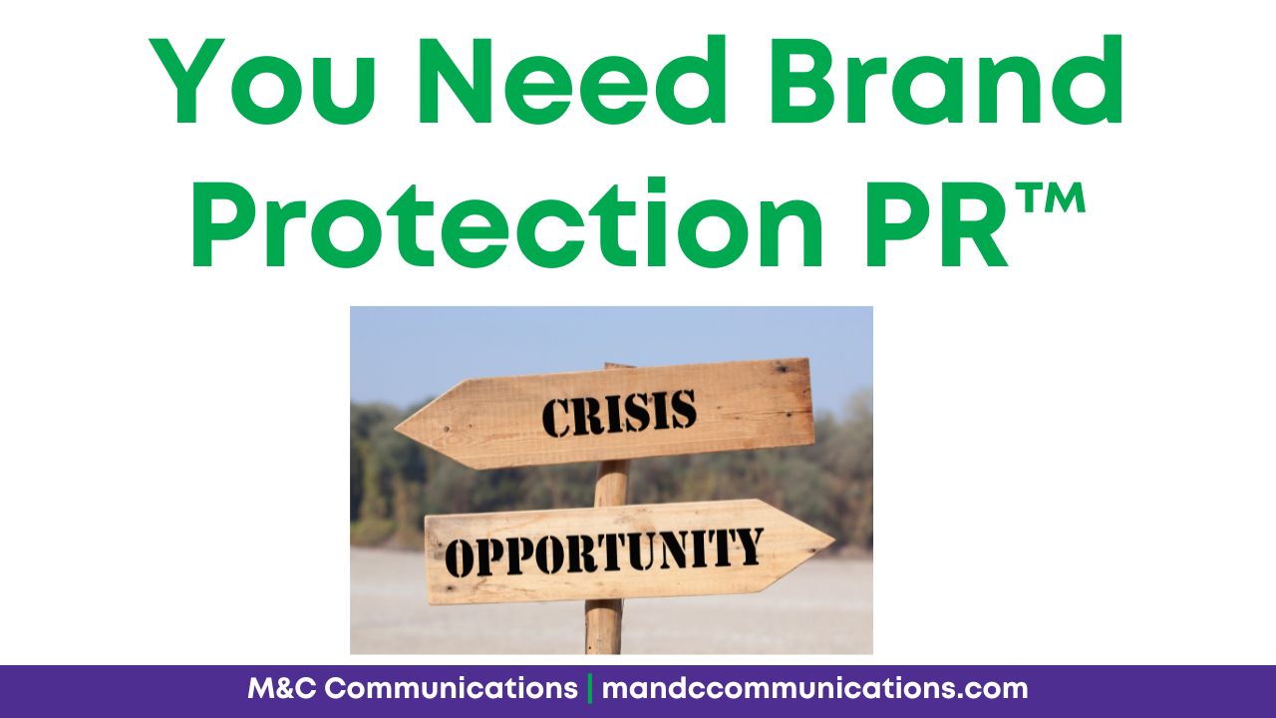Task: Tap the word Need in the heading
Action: pyautogui.click(x=572, y=80)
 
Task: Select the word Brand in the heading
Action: pyautogui.click(x=946, y=79)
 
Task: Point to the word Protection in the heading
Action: pyautogui.click(x=508, y=222)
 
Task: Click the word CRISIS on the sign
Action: pyautogui.click(x=619, y=413)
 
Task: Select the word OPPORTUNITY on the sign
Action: pyautogui.click(x=604, y=551)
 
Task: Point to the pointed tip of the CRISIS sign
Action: pyautogui.click(x=396, y=428)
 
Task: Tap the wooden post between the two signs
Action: pyautogui.click(x=611, y=484)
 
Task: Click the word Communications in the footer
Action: pyautogui.click(x=452, y=689)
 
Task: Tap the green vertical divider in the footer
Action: pyautogui.click(x=589, y=689)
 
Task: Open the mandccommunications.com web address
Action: pyautogui.click(x=814, y=689)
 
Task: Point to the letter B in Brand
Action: pyautogui.click(x=802, y=81)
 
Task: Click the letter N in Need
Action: pyautogui.click(x=455, y=81)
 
